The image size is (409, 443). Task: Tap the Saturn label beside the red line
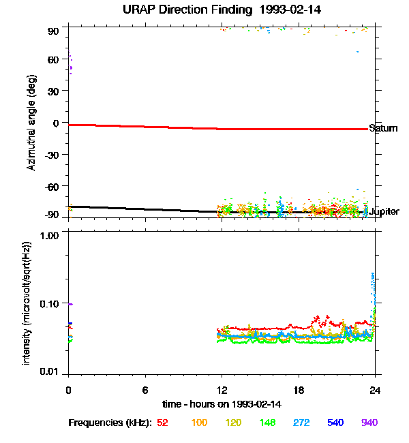tap(382, 128)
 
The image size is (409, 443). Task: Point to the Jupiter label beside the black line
tap(384, 212)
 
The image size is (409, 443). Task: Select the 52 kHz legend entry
tap(162, 423)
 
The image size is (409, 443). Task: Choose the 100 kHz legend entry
tap(199, 423)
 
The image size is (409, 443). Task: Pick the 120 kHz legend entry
tap(233, 423)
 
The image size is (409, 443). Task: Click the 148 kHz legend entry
tap(267, 423)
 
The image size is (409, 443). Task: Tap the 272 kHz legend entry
tap(301, 423)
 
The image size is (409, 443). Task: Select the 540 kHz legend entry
tap(335, 423)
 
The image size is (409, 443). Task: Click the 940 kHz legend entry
tap(369, 423)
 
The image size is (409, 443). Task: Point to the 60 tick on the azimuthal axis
tap(53, 60)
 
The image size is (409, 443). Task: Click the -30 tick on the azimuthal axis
tap(51, 155)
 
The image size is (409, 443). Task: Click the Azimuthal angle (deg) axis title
tap(31, 123)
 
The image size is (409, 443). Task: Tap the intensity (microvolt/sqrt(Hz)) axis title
tap(27, 302)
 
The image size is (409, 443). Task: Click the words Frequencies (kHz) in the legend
tap(110, 423)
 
